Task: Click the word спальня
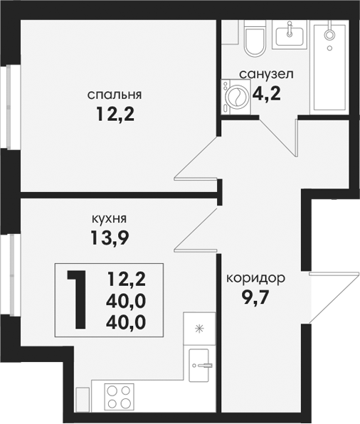(115, 95)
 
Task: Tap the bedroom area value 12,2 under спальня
(115, 114)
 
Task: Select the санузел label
(266, 74)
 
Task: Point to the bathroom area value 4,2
(266, 93)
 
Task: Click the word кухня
(110, 218)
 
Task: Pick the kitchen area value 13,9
(110, 238)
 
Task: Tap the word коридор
(256, 278)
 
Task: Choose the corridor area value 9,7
(255, 298)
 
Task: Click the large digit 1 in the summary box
(78, 300)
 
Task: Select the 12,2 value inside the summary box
(127, 279)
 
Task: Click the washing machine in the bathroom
(236, 97)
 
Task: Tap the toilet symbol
(254, 38)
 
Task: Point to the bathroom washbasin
(290, 35)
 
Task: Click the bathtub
(329, 68)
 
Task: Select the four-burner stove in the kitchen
(119, 397)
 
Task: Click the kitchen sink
(199, 366)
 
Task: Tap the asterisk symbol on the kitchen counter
(200, 329)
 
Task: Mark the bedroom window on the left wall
(11, 107)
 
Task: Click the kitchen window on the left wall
(11, 275)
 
